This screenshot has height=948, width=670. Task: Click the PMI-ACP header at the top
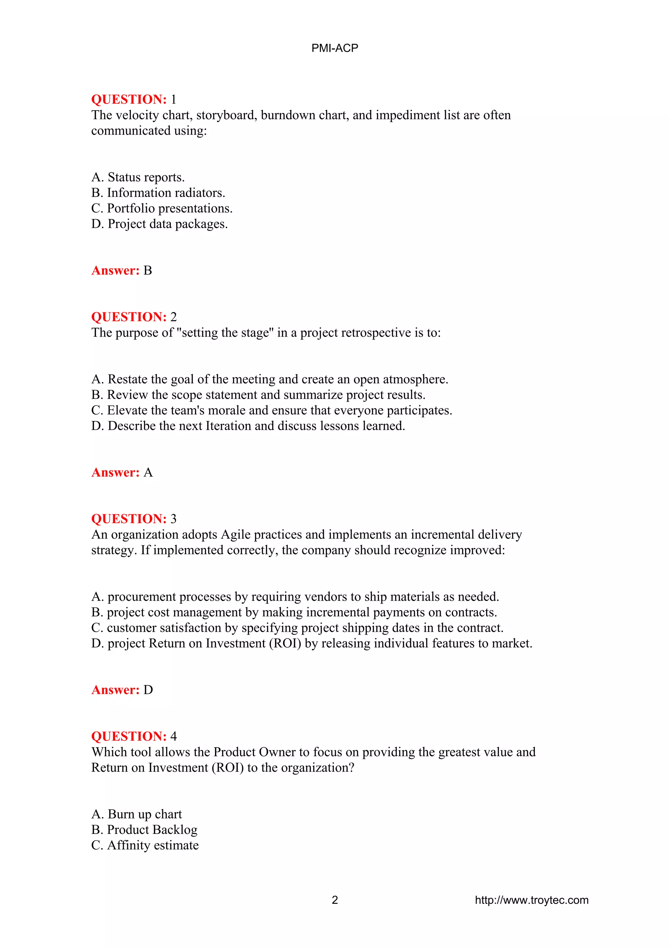coord(334,48)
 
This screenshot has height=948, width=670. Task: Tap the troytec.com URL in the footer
coord(531,900)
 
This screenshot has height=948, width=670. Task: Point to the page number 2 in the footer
coord(335,900)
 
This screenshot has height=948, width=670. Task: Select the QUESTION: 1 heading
coord(133,99)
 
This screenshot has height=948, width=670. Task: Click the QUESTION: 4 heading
coord(133,736)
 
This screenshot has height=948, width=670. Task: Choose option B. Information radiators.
coord(158,193)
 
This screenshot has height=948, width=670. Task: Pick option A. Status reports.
coord(138,177)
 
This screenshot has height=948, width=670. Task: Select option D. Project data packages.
coord(159,224)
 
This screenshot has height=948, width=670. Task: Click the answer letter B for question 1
coord(148,271)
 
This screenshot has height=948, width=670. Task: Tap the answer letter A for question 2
coord(148,472)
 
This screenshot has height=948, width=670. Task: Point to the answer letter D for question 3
coord(148,690)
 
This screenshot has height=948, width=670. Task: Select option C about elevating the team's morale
coord(272,411)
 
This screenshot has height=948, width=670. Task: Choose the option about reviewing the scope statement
coord(258,395)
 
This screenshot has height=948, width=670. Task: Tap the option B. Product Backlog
coord(144,830)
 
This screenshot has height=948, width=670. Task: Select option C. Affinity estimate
coord(145,845)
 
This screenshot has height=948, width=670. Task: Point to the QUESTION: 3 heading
coord(133,519)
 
